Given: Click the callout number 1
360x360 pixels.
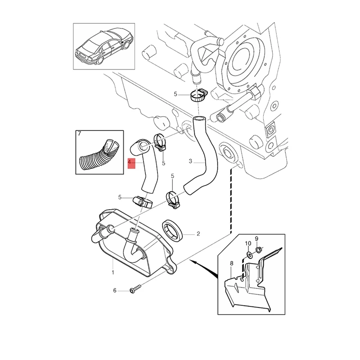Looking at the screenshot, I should click(x=112, y=272).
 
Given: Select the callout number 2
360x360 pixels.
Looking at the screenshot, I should click(x=198, y=234).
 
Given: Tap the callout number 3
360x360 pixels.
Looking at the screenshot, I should click(x=190, y=161).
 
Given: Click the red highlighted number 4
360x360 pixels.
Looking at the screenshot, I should click(x=130, y=162).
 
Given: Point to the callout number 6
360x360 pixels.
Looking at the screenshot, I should click(x=114, y=291).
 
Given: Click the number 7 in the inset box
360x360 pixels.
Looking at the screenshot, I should click(x=79, y=134).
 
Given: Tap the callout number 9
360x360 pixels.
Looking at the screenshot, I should click(x=256, y=238).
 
